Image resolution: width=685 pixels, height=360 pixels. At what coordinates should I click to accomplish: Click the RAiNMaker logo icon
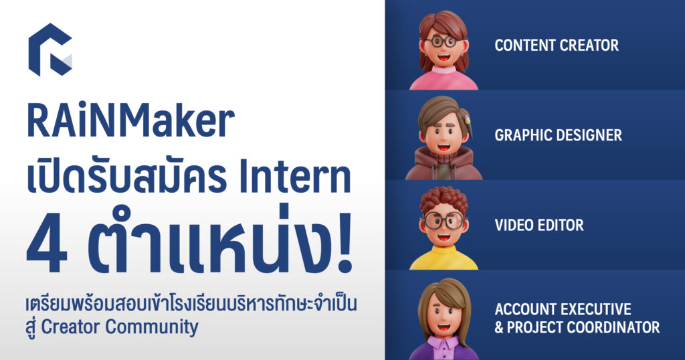tap(50, 50)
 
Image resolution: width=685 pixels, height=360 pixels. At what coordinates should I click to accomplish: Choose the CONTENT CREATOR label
tap(557, 46)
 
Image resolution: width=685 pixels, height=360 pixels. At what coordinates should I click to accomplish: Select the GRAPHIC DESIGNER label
tap(558, 135)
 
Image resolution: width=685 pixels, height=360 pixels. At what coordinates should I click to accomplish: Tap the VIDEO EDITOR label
tap(539, 225)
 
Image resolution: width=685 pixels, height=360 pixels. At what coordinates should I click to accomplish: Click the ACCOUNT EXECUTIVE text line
tap(563, 310)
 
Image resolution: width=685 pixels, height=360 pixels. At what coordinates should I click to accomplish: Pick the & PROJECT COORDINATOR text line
tap(577, 327)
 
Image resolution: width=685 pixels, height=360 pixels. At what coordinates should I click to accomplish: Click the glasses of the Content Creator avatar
tap(442, 41)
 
